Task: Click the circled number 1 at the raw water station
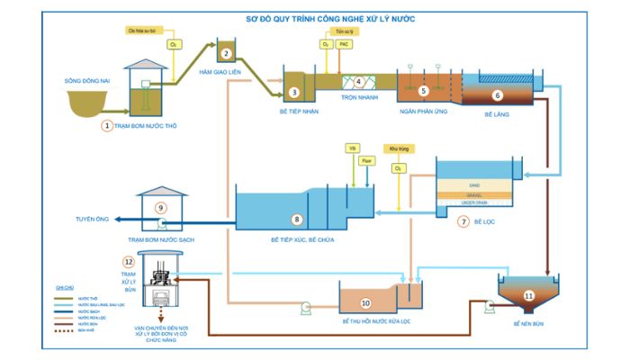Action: pyautogui.click(x=108, y=126)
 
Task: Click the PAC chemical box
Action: pyautogui.click(x=344, y=43)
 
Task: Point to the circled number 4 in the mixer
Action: pyautogui.click(x=358, y=82)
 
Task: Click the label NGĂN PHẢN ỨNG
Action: pyautogui.click(x=424, y=113)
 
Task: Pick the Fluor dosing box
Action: pyautogui.click(x=366, y=160)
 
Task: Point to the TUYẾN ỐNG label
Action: pyautogui.click(x=93, y=219)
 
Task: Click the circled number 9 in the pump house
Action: pyautogui.click(x=160, y=207)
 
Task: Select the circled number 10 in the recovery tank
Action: pyautogui.click(x=365, y=303)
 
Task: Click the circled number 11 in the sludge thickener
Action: pyautogui.click(x=528, y=295)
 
